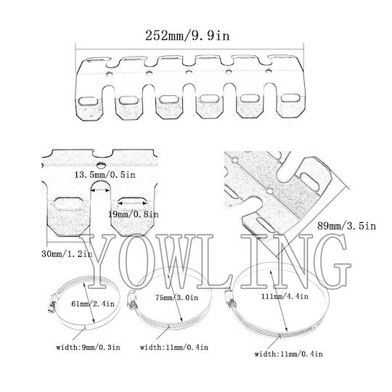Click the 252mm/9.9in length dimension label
point(187,36)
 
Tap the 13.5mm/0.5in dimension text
point(105,175)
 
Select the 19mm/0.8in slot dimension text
point(134,214)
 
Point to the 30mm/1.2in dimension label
point(67,254)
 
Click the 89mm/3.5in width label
point(346,226)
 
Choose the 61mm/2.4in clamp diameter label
point(93,303)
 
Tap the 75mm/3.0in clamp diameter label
point(176,298)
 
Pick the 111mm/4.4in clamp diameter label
point(285,296)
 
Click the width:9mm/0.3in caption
point(88,347)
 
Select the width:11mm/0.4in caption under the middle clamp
point(174,347)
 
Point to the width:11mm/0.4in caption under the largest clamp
point(288,354)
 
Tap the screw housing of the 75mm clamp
point(131,300)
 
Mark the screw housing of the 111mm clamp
point(230,298)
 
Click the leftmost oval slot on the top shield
point(88,101)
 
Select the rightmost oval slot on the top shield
point(290,98)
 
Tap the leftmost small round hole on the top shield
point(109,74)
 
